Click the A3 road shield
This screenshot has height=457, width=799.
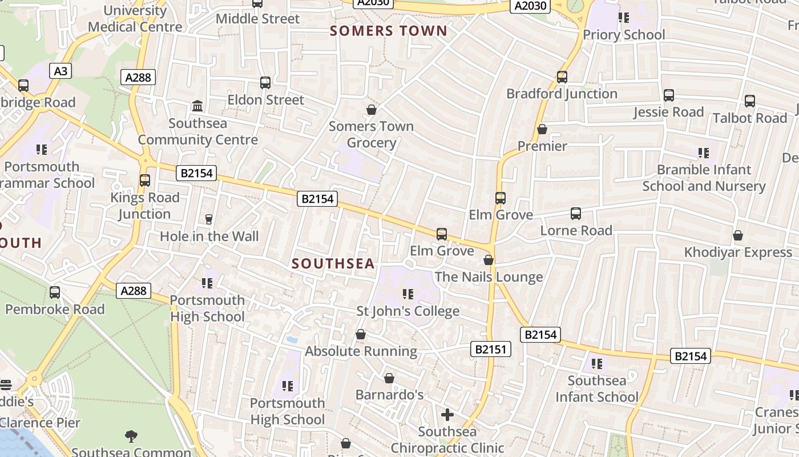coord(61,71)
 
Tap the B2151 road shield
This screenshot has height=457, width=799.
coord(490,349)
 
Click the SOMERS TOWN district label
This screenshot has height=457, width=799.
coord(389,31)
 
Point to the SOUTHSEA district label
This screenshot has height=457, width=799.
coord(333,263)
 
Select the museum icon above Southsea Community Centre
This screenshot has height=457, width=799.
coord(197,106)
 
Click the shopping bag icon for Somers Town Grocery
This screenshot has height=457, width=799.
coord(372,109)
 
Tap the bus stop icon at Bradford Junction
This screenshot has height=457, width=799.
coord(562,77)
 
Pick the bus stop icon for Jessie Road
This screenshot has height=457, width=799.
coord(669,95)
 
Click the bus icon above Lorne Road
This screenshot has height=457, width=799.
coord(576,214)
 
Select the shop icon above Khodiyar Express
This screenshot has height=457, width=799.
coord(738,235)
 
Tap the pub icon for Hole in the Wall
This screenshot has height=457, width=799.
coord(209,219)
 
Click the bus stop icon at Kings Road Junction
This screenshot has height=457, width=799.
coord(145,181)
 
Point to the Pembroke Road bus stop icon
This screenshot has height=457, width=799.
coord(55,292)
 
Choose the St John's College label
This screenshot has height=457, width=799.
coord(408,311)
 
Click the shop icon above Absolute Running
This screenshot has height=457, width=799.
coord(361,334)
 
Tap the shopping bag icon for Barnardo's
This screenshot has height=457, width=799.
coord(389,378)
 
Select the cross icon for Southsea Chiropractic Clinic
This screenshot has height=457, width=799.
coord(447,414)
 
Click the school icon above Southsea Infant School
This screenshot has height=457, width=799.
coord(597,363)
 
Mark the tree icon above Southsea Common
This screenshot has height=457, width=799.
coord(131,436)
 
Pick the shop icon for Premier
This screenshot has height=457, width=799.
coord(542,130)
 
